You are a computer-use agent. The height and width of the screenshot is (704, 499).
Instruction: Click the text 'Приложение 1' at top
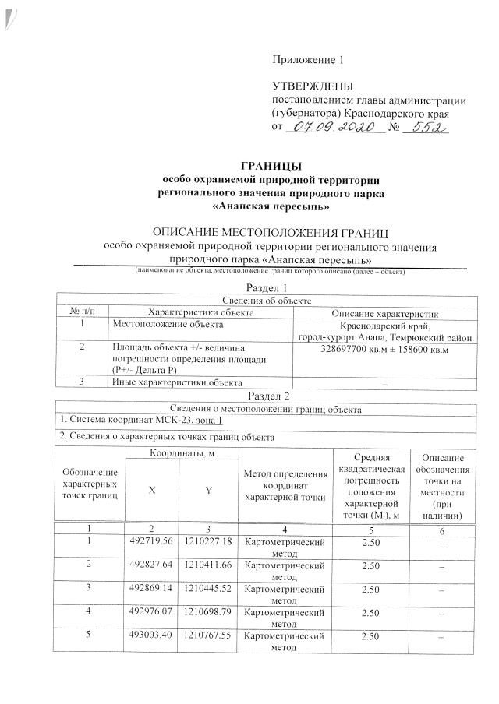coord(307,60)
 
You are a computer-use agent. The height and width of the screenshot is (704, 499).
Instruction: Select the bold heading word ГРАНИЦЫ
coord(271,165)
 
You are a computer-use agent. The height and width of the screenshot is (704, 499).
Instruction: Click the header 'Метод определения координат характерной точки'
coord(285,487)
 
